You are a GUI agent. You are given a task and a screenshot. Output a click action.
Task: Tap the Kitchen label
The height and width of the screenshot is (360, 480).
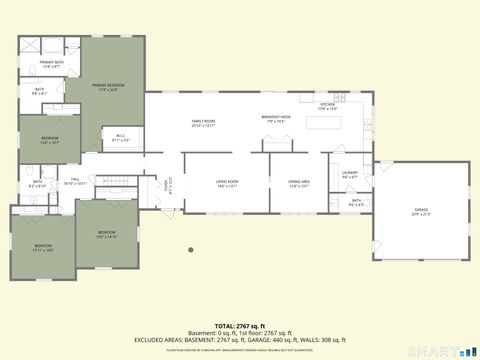[327, 107]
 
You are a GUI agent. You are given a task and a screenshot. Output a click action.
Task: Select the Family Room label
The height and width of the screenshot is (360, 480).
[204, 123]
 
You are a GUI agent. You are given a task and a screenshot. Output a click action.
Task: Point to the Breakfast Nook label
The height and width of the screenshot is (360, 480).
[276, 119]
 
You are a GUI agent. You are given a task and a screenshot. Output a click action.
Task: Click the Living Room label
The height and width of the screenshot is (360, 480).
[227, 183]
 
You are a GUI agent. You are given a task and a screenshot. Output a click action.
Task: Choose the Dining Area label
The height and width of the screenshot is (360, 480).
[299, 183]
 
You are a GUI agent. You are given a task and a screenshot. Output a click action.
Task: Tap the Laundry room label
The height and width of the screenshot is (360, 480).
[350, 174]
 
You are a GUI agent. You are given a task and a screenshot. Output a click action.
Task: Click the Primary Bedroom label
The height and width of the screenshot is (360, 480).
[109, 87]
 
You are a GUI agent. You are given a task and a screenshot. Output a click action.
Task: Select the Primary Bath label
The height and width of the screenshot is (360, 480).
[52, 65]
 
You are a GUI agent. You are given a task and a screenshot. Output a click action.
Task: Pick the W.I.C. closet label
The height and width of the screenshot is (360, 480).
[120, 138]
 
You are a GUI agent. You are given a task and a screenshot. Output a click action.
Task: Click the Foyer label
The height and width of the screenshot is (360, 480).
[169, 184]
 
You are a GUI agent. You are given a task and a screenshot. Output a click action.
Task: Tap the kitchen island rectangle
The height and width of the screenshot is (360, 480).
[322, 125]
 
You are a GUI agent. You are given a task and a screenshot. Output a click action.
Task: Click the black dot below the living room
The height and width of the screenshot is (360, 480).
[190, 250]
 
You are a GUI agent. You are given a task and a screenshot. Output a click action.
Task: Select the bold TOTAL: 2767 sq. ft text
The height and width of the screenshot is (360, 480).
[239, 326]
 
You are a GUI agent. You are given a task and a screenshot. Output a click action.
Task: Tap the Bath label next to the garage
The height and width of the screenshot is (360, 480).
[356, 203]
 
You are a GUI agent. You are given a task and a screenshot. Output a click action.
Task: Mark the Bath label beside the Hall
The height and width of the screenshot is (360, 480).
[37, 184]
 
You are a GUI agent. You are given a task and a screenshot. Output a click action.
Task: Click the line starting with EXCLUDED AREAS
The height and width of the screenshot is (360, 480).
[239, 339]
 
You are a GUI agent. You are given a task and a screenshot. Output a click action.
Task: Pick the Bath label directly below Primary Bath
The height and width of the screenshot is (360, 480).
[40, 92]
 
